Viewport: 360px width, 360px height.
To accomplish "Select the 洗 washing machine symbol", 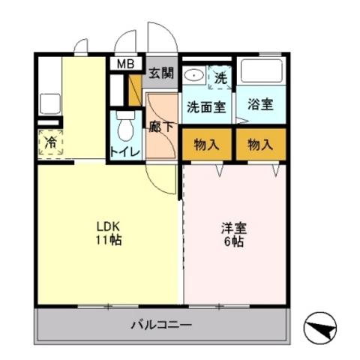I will (220, 76).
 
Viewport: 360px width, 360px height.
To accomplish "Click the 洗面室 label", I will (206, 106).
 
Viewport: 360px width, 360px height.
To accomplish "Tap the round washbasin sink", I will (193, 75).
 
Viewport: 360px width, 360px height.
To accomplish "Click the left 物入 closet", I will (206, 144).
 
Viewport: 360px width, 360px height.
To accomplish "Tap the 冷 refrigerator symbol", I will (51, 142).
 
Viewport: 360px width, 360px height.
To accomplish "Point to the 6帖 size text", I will (234, 241).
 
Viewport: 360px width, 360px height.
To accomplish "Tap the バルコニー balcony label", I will (160, 325).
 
